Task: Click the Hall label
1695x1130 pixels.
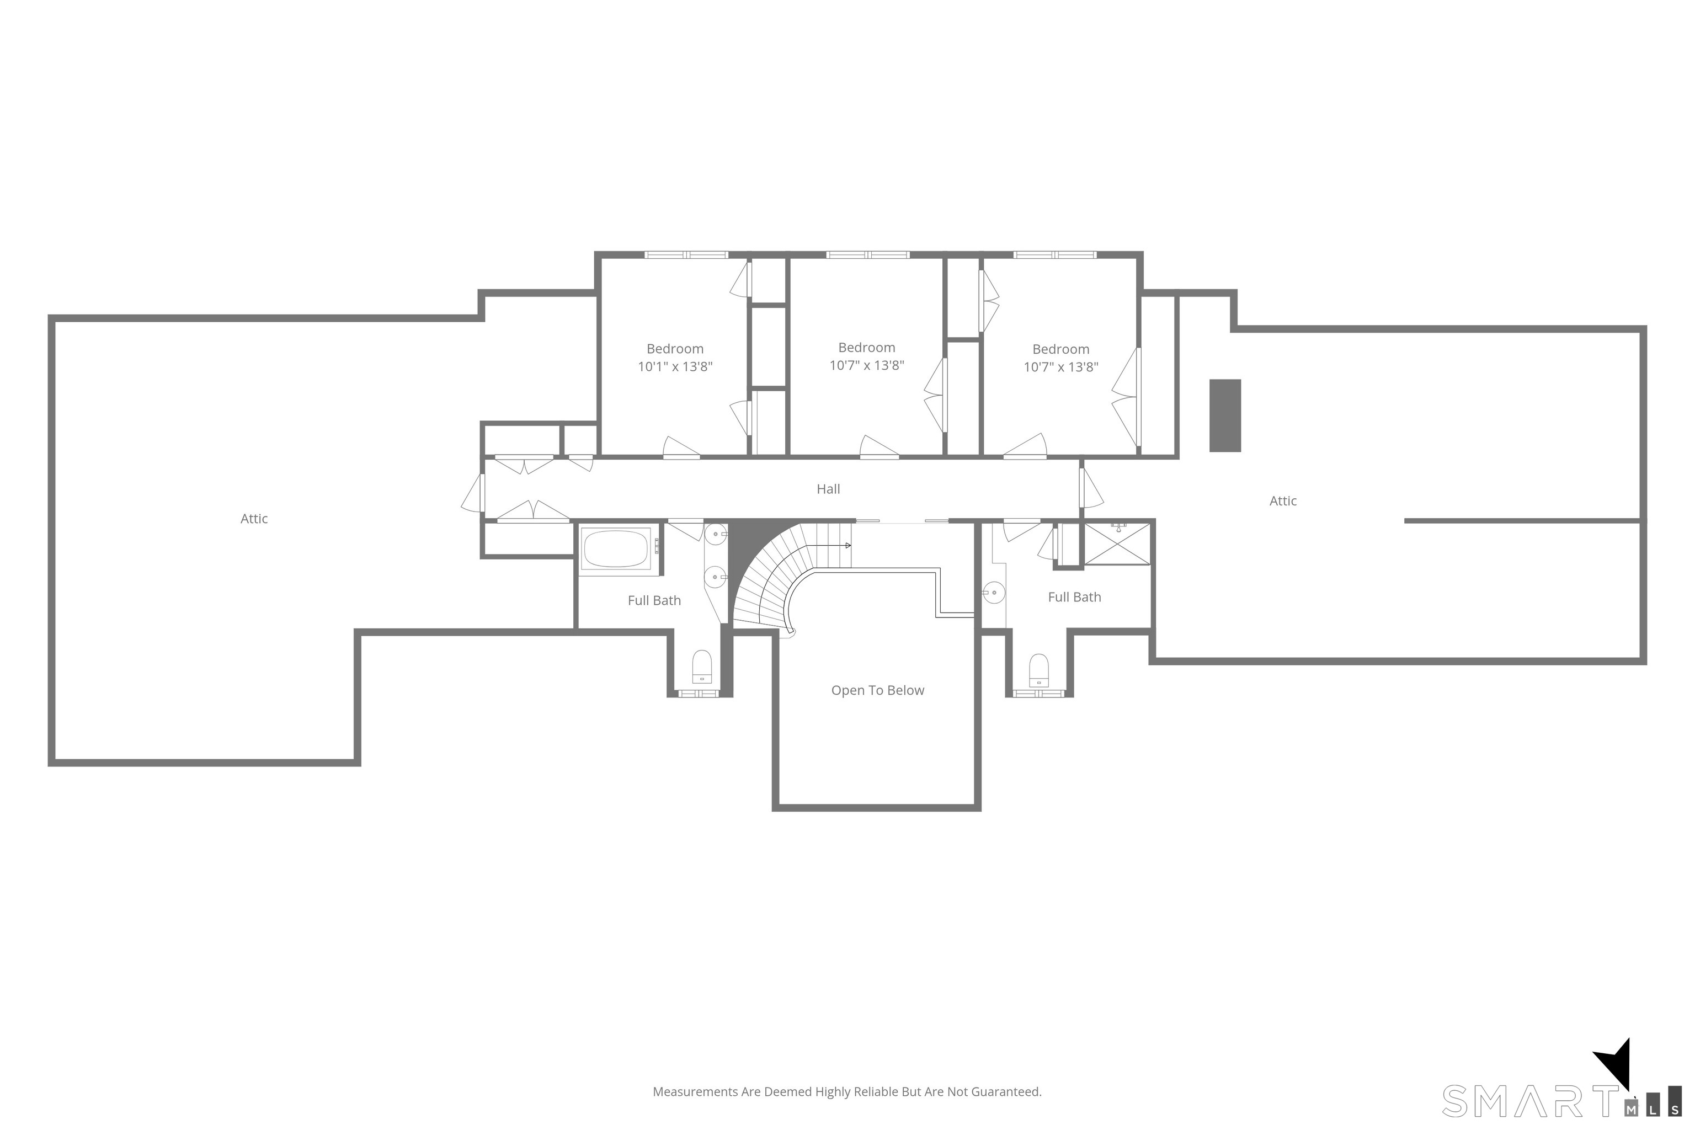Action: pos(828,489)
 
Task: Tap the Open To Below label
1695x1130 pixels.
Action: pos(877,690)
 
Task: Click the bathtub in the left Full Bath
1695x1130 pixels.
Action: pos(616,549)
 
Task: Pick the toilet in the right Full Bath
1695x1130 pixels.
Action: pos(1038,670)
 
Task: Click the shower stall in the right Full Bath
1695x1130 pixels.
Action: pos(1117,544)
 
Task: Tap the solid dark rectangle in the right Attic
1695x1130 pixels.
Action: pos(1224,416)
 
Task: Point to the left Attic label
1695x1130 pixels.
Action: pos(254,519)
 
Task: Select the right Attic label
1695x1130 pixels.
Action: pos(1283,501)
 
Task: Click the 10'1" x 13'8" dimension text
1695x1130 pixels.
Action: pos(675,367)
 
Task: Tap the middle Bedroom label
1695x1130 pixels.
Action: pos(866,348)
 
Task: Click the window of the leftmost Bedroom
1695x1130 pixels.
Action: pos(686,254)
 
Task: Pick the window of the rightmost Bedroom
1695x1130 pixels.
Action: pos(1055,254)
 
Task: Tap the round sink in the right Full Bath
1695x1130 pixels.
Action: pos(994,593)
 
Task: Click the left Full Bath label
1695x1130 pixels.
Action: pos(654,601)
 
